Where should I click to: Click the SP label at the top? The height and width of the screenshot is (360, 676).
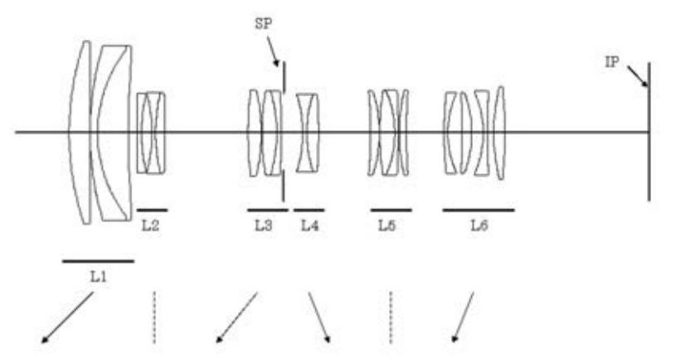point(264,24)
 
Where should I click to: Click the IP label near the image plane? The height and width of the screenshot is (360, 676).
point(612,62)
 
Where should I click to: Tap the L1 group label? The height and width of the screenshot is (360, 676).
point(99,277)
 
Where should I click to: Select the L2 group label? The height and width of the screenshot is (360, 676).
point(150,226)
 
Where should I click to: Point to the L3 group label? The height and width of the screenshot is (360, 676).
point(264,226)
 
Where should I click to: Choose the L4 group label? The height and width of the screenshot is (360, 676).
point(309,226)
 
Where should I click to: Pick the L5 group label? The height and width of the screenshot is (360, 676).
point(387,226)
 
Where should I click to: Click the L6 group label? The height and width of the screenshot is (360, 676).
point(479,226)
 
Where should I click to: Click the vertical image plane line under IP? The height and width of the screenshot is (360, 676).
point(649,132)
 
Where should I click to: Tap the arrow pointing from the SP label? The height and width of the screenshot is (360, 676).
point(273,51)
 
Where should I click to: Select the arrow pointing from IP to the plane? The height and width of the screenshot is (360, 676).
point(638,76)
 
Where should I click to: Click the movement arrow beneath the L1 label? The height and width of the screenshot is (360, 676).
point(67,318)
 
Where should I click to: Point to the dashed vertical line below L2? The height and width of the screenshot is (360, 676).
point(154,318)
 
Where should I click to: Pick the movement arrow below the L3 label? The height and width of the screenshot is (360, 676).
point(236,318)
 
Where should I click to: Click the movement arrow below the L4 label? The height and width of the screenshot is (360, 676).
point(319,318)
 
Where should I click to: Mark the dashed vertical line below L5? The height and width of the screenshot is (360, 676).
point(391,318)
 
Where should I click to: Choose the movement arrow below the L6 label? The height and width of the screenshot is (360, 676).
point(463,318)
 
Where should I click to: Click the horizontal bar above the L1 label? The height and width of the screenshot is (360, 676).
point(99,260)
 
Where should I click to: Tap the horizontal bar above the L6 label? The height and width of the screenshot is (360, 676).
point(479,211)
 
